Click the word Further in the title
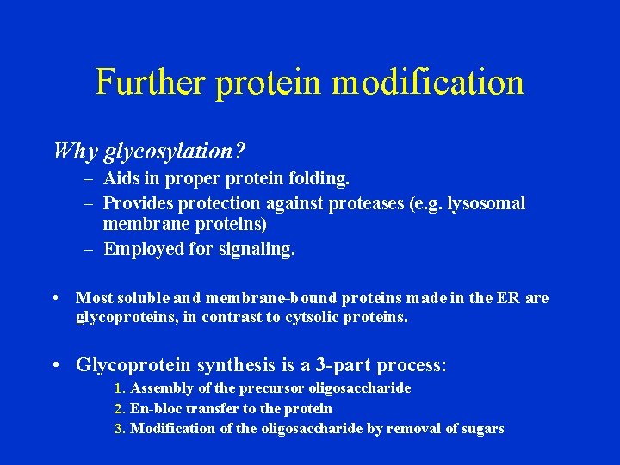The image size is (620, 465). [x=151, y=83]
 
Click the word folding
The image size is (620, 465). [x=321, y=179]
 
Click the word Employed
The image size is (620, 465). [x=144, y=249]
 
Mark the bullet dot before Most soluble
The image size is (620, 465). [x=55, y=298]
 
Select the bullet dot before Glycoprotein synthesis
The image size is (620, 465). [x=55, y=365]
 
